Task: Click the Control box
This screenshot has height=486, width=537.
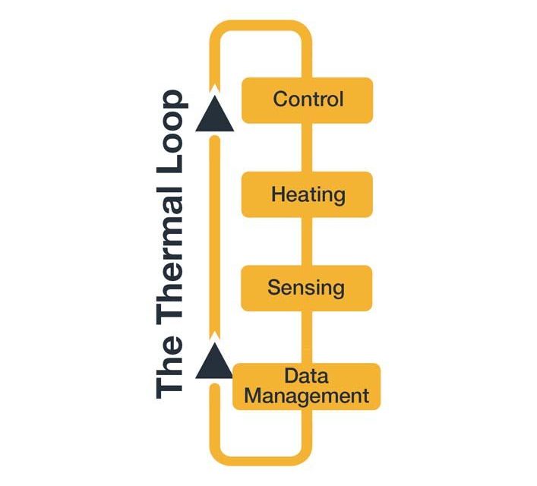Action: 307,99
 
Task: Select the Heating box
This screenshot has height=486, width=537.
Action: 307,194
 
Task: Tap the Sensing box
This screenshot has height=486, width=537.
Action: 307,288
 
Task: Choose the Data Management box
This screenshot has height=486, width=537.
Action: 307,387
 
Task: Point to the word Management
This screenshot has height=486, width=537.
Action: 306,396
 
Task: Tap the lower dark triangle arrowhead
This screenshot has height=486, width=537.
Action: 214,362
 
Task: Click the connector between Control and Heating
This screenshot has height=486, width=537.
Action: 307,147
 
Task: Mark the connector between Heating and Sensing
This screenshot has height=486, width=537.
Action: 307,241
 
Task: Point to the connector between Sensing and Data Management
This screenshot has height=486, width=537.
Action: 307,336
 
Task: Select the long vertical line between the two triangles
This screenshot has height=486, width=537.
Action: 215,235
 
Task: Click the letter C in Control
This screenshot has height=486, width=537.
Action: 280,99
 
